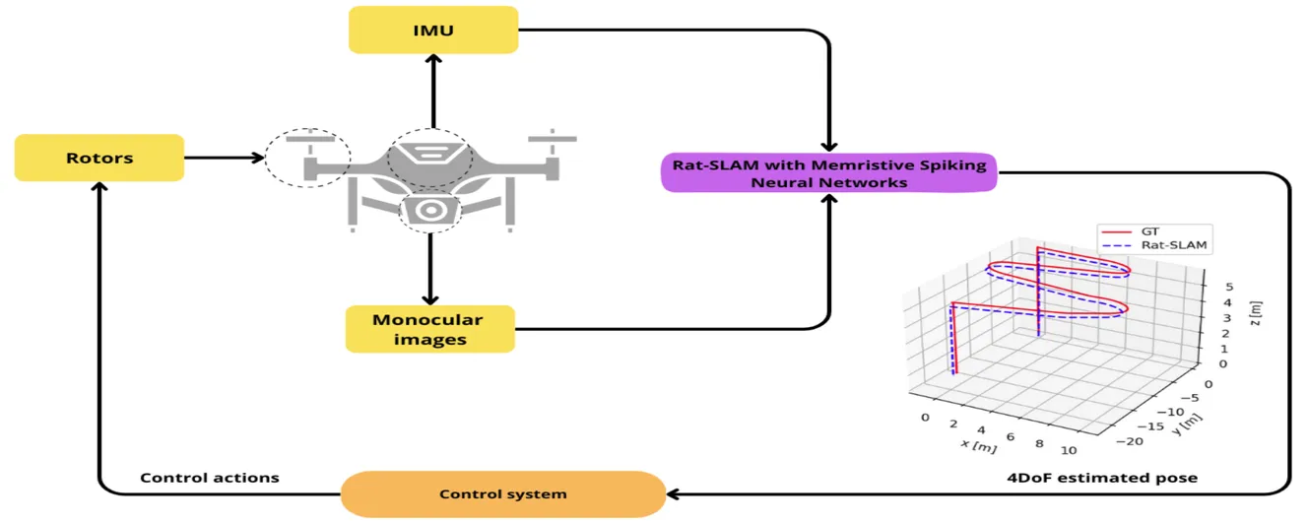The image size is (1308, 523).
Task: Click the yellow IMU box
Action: [433, 30]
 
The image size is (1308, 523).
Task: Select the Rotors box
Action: [99, 158]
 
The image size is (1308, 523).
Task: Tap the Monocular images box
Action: [427, 329]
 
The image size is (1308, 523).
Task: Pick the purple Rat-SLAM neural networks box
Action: [827, 171]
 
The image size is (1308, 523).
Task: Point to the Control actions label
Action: [210, 478]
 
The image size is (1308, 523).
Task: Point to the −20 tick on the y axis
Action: [1131, 441]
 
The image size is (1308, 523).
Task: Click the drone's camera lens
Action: [429, 210]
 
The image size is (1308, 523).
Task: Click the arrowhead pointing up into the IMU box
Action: [431, 59]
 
